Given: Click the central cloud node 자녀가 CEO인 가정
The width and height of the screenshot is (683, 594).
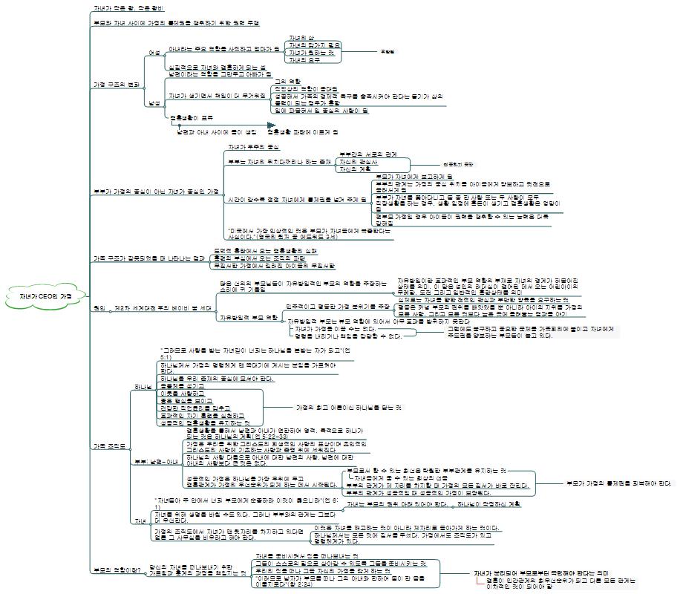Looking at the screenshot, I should [47, 296].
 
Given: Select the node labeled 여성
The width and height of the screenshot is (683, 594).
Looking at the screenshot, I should [154, 53].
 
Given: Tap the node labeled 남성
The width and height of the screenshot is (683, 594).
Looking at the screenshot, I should [154, 102].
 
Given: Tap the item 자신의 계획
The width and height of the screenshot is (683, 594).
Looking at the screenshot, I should [354, 169].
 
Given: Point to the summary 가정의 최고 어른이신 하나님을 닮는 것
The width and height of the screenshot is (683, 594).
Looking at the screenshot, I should [347, 408].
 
